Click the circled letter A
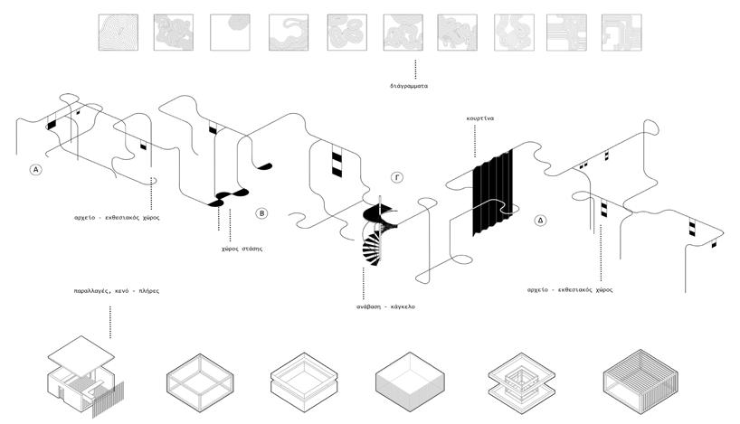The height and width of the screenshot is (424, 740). coord(35,169)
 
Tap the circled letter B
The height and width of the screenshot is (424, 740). coord(261,213)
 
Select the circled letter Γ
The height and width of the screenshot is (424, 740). coord(396,176)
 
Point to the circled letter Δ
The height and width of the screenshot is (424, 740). coord(540,220)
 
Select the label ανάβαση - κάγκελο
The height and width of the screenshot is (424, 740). coord(385,306)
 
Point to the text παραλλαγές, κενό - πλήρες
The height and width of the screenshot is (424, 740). coord(109,292)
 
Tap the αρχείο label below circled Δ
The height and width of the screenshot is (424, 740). coord(570,290)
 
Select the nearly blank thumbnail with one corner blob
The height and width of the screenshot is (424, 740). coord(228,31)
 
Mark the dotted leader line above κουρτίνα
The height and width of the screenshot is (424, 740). coord(472,140)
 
